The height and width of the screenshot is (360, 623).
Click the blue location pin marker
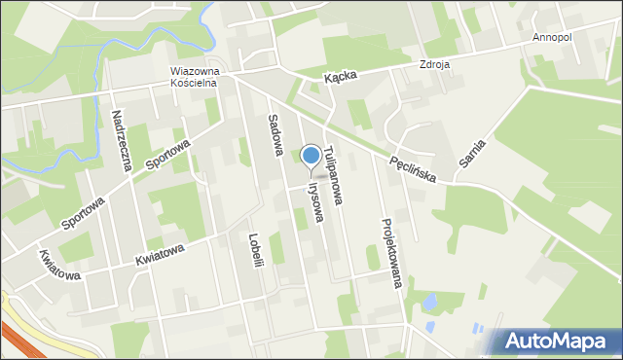tap(311, 157)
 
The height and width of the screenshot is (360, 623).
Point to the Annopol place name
tap(553, 37)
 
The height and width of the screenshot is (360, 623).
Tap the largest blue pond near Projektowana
tap(428, 302)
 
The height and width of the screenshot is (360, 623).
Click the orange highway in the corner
tap(19, 336)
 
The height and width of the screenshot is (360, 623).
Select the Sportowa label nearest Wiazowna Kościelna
tap(168, 154)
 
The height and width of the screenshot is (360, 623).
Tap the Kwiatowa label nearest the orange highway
tap(59, 265)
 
